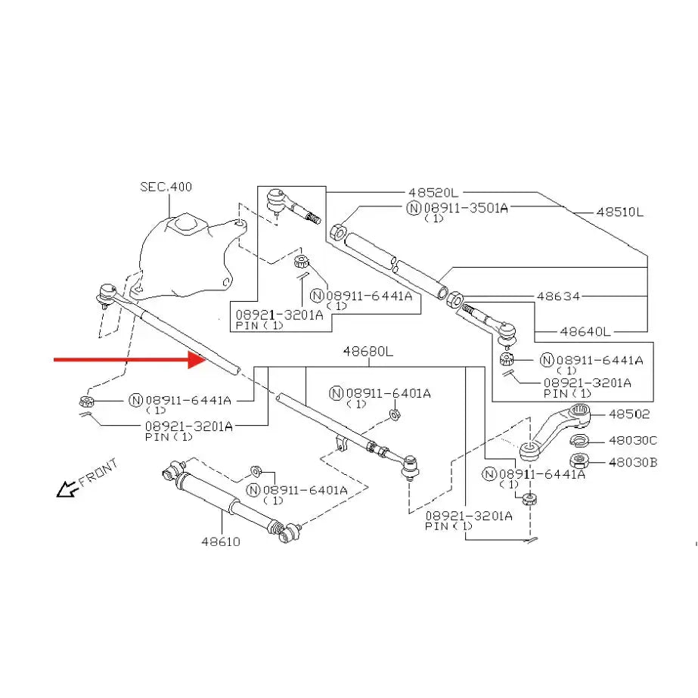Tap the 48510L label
point(619,213)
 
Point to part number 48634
point(558,296)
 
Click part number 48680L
point(368,352)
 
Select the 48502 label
point(629,414)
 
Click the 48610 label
point(221,541)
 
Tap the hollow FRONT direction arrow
point(67,490)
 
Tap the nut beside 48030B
point(581,461)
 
